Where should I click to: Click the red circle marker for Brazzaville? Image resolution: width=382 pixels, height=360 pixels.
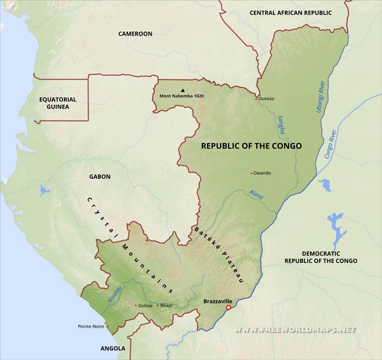point(228,308)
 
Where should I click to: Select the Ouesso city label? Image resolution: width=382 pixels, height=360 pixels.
point(266,99)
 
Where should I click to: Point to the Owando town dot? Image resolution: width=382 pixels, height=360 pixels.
point(251,173)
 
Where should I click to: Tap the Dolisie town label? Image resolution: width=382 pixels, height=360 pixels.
point(146,305)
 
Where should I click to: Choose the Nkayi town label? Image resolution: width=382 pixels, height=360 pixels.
point(166,305)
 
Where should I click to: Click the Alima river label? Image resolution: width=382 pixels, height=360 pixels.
point(256,195)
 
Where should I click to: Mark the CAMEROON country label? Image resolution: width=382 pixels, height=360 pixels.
point(135,34)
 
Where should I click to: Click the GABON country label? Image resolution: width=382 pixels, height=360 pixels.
point(100,176)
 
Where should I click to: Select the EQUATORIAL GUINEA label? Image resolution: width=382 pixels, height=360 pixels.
point(58,103)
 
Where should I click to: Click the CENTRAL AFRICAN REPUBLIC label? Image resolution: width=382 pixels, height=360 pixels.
point(291,13)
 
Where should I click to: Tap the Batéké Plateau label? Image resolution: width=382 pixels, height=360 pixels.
point(219,255)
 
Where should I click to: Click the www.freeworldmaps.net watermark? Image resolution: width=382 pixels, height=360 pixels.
point(296,330)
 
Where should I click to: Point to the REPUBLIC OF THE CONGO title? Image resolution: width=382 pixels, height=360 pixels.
point(251,146)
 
